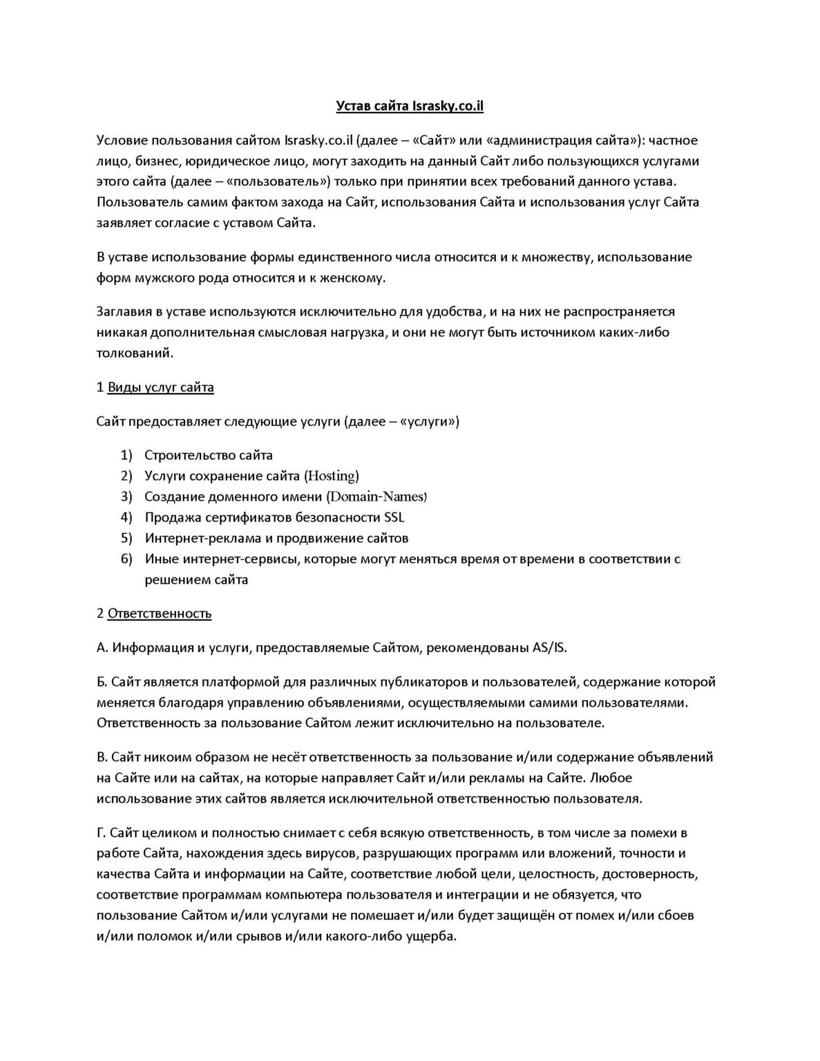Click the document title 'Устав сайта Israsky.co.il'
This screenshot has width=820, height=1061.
(410, 106)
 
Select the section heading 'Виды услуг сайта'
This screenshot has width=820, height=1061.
(160, 387)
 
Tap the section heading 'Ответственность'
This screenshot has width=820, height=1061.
(160, 613)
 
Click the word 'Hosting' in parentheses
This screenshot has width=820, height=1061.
(332, 476)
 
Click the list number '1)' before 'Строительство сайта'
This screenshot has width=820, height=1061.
(126, 455)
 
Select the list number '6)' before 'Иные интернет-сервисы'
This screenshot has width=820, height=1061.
(126, 559)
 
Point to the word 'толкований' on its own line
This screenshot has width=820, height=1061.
(134, 353)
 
